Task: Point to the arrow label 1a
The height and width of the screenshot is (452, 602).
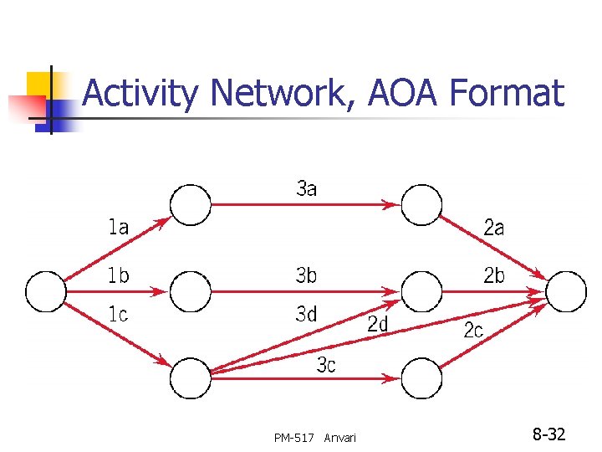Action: tap(119, 226)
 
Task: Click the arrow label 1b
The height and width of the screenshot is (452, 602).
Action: tap(119, 275)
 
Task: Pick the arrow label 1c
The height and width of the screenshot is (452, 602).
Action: tap(119, 315)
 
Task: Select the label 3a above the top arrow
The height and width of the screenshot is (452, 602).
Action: tap(307, 188)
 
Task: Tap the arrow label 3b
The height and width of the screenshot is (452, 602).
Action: tap(307, 275)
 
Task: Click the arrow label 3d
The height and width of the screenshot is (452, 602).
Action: tap(307, 315)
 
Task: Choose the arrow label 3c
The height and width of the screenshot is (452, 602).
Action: tap(327, 365)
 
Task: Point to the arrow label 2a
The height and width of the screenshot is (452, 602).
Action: tap(494, 227)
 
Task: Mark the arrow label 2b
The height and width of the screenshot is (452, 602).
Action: tap(494, 275)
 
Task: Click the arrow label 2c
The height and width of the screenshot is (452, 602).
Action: tap(474, 331)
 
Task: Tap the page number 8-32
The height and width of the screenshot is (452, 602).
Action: tap(549, 434)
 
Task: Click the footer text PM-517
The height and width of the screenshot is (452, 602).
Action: tap(293, 438)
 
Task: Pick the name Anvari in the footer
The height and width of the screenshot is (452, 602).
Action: tap(339, 438)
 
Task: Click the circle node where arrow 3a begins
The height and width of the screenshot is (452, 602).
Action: tap(191, 205)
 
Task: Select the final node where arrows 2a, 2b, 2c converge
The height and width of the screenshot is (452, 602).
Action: tap(566, 291)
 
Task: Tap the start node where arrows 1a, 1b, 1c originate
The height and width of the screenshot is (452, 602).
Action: tap(46, 291)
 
